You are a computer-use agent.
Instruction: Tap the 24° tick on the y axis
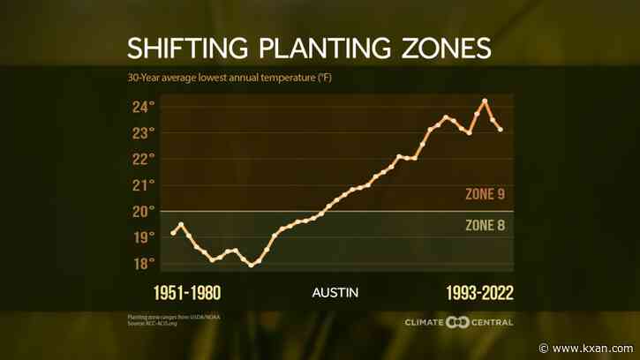click(x=145, y=107)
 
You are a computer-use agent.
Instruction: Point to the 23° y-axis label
click(x=145, y=132)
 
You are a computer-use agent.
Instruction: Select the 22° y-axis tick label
click(x=145, y=159)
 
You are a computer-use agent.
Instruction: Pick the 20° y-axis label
click(x=145, y=211)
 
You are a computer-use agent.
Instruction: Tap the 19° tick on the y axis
click(x=145, y=237)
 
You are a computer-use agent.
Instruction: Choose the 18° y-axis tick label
click(x=145, y=263)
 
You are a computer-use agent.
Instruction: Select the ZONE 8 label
click(x=484, y=225)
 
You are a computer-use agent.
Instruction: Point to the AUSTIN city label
click(x=335, y=292)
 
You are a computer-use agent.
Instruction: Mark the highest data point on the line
click(x=485, y=101)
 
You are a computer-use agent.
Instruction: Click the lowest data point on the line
click(x=252, y=265)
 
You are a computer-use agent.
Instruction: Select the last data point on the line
click(x=501, y=130)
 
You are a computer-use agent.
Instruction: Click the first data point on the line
click(x=173, y=233)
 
